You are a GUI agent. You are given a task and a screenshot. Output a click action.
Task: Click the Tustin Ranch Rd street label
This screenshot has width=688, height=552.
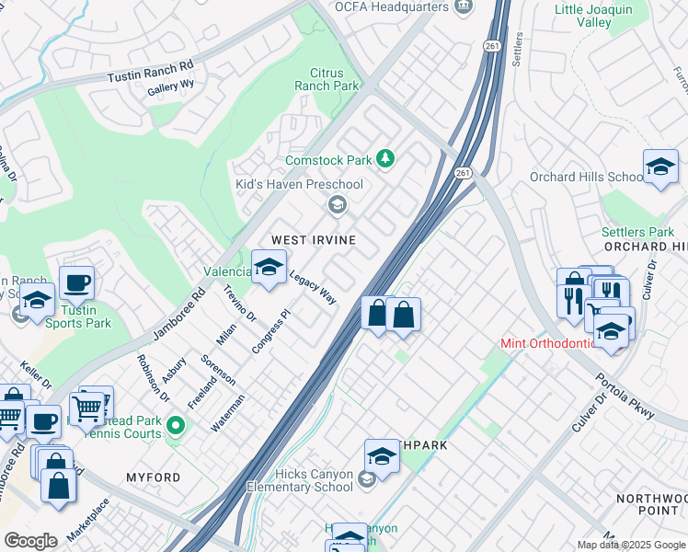pos(151,72)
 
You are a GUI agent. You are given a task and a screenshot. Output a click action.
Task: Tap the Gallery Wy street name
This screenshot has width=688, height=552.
pos(171,88)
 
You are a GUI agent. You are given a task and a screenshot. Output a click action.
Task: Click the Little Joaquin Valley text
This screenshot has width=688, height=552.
pos(594,17)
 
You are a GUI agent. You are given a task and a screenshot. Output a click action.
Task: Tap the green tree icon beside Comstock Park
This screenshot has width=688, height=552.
pos(386,160)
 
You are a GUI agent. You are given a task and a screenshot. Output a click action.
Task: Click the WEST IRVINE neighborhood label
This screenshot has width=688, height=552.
pos(313,239)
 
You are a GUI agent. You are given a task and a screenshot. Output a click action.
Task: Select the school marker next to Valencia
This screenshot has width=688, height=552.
pos(269,269)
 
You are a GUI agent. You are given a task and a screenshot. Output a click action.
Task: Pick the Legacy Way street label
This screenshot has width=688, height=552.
pos(313,288)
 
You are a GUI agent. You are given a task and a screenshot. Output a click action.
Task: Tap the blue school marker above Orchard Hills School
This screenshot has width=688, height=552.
pos(660,167)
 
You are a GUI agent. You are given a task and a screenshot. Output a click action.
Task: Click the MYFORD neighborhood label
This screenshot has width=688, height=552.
pos(153,477)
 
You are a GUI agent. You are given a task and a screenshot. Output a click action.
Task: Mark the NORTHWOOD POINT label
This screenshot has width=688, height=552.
pos(656,503)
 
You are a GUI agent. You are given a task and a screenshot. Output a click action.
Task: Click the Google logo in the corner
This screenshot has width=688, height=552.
pos(30,541)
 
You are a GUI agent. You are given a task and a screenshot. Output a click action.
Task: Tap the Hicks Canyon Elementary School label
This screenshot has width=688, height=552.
pos(300,480)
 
